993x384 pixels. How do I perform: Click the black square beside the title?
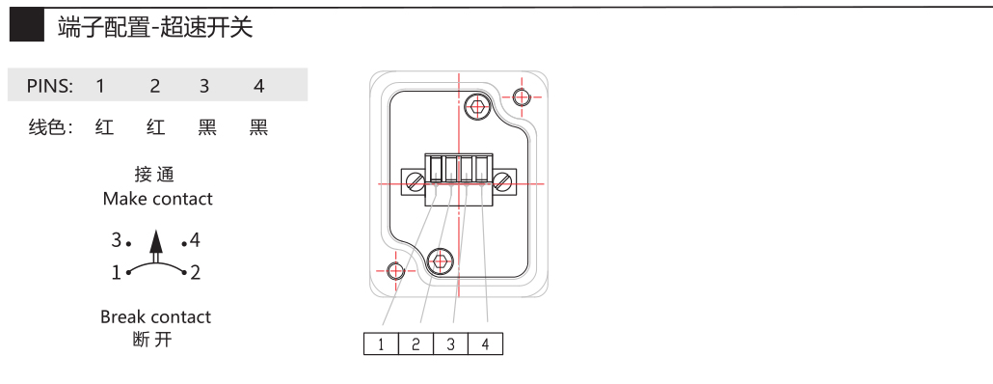(x=27, y=26)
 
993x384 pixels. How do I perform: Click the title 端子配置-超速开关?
(x=155, y=27)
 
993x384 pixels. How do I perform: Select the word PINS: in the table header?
(x=50, y=86)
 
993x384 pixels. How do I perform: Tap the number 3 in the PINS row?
(x=204, y=86)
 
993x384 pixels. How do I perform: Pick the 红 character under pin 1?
(x=104, y=127)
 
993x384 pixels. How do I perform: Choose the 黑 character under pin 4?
(x=258, y=127)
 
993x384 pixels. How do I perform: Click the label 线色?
(x=51, y=127)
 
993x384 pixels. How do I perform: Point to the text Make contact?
(x=158, y=199)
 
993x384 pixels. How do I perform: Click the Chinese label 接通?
(x=154, y=174)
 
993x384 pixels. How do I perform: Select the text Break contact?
(x=156, y=316)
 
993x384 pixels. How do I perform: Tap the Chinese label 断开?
(x=152, y=340)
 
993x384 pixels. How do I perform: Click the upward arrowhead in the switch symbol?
(x=156, y=242)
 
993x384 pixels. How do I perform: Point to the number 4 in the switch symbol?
(x=195, y=240)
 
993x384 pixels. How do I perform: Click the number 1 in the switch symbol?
(x=117, y=272)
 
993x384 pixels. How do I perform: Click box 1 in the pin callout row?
(x=381, y=343)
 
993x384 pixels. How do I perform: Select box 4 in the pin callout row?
(x=485, y=343)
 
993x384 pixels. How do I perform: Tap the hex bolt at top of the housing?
(x=477, y=105)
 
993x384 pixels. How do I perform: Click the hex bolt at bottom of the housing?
(x=441, y=261)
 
